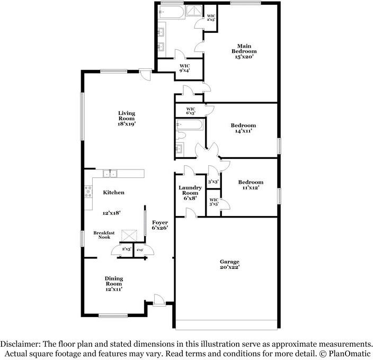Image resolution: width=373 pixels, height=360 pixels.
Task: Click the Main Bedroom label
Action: pyautogui.click(x=244, y=51)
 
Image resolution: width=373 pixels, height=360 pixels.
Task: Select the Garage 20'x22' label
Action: pyautogui.click(x=230, y=265)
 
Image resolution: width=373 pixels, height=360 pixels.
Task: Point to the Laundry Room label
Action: pyautogui.click(x=190, y=193)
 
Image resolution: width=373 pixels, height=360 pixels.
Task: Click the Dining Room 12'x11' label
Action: pyautogui.click(x=113, y=284)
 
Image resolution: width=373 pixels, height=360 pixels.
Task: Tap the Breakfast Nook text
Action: pyautogui.click(x=104, y=235)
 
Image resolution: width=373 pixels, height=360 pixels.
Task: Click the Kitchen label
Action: pyautogui.click(x=113, y=193)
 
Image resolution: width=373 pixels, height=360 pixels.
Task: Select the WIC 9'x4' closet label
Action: pyautogui.click(x=184, y=67)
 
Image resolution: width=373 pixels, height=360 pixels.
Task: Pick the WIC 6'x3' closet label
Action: pyautogui.click(x=191, y=111)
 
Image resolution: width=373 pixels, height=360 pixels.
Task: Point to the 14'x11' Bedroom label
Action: pyautogui.click(x=243, y=128)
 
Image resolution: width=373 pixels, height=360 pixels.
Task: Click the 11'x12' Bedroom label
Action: pyautogui.click(x=250, y=185)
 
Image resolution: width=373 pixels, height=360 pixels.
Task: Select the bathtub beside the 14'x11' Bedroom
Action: pyautogui.click(x=190, y=126)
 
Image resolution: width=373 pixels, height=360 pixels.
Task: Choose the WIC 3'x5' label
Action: pyautogui.click(x=214, y=202)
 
